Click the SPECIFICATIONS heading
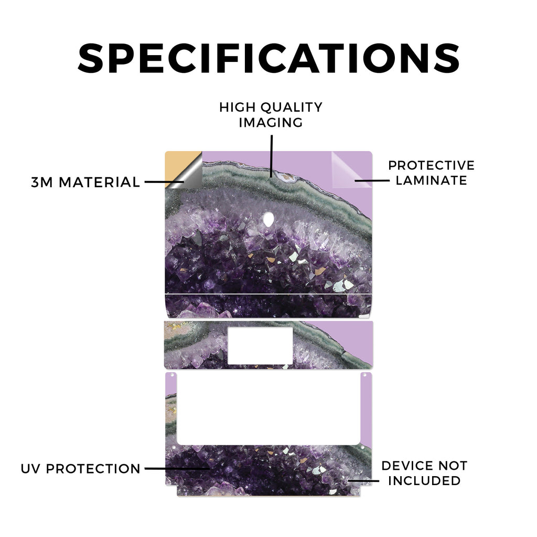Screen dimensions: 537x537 coord(269,58)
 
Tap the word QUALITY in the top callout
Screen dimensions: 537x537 coord(292,107)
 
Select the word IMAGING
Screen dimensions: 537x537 coord(271,122)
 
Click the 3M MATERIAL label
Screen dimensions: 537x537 coord(85,182)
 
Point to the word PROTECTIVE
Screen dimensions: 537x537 coord(431,165)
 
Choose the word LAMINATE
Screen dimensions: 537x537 coord(431,180)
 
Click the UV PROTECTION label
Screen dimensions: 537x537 coord(80,468)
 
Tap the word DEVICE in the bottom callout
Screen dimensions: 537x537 coord(405,466)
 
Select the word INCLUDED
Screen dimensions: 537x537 coord(424,481)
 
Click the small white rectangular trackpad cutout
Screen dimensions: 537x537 coord(260,346)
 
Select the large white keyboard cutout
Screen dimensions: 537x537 coord(269,409)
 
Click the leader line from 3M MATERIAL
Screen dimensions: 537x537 coord(164,182)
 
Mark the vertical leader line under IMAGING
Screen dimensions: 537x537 coord(272,156)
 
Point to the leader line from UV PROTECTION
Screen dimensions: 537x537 coord(177,468)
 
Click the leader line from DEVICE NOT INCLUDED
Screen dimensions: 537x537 coord(363,481)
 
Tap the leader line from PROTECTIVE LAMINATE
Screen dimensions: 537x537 coord(372,180)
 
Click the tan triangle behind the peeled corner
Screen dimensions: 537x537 coord(178,164)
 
